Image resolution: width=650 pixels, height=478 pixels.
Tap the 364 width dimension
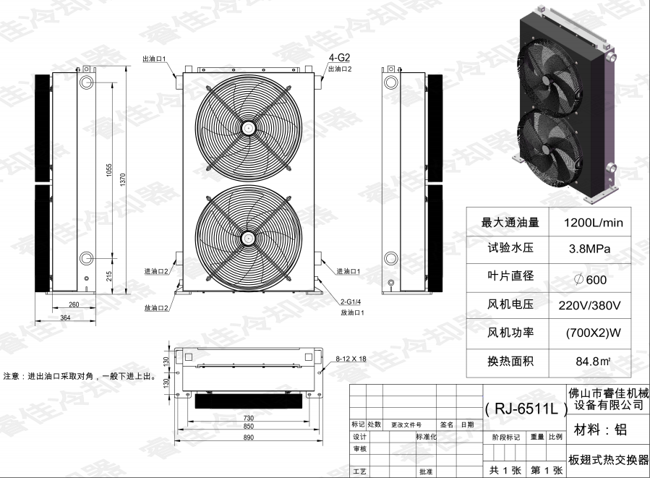point(65,317)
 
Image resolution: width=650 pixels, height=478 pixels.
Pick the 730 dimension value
point(248,419)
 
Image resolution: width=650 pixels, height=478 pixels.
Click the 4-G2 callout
point(340,58)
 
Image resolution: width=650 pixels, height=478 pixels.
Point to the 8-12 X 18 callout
point(351,359)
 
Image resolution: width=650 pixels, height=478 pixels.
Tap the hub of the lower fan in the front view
point(249,236)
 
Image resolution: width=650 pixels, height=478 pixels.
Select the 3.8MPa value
point(590,249)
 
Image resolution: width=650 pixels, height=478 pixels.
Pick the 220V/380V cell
point(590,305)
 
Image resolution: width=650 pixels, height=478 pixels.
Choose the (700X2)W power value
point(593,333)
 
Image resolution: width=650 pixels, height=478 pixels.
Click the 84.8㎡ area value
point(590,360)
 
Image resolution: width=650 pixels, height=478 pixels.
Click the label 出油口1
point(154,59)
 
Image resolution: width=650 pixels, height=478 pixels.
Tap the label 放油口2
point(156,308)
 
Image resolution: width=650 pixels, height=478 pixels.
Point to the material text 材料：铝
point(600,431)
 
